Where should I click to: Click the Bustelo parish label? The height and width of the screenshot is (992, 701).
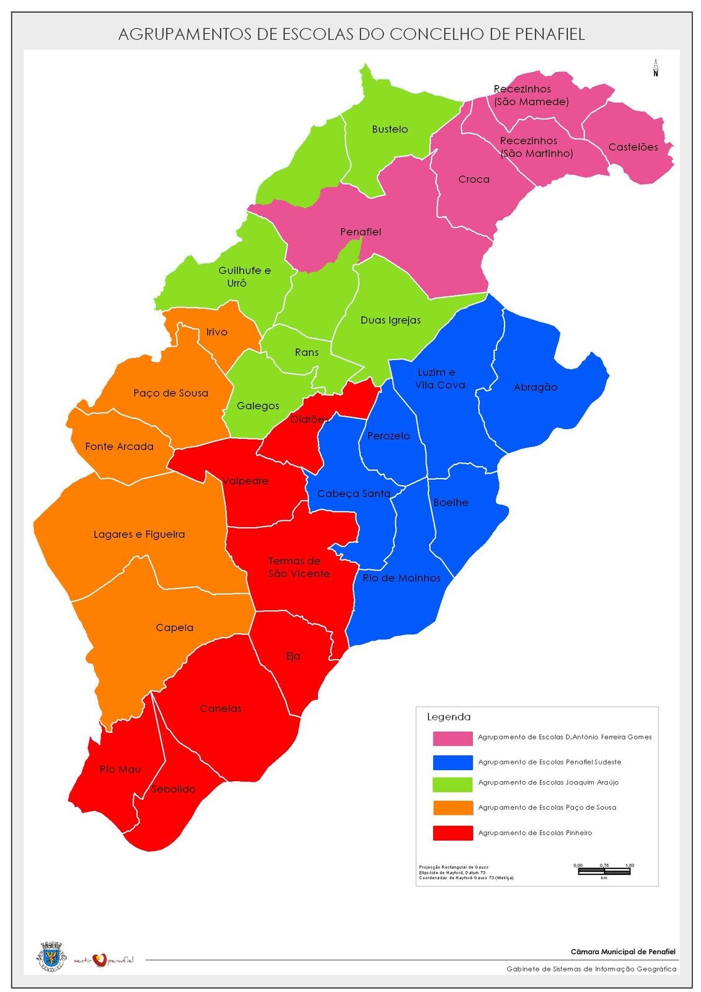tap(390, 129)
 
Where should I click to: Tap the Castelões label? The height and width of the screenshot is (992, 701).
tap(633, 147)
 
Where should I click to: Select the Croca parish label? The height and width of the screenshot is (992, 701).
tap(474, 179)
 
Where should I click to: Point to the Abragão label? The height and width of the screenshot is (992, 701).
tap(536, 387)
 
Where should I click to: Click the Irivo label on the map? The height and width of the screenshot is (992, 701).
tap(216, 332)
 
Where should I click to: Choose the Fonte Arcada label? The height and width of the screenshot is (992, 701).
tap(119, 446)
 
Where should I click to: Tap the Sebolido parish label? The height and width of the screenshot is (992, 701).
tap(173, 789)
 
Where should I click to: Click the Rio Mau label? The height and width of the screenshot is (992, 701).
tap(120, 769)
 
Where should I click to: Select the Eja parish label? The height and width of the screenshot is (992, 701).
tap(293, 656)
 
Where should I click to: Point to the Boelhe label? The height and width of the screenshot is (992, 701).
tap(451, 502)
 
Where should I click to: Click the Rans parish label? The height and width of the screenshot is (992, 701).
tap(306, 352)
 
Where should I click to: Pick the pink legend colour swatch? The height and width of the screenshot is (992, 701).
tap(452, 738)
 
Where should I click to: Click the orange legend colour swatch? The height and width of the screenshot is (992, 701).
tap(452, 808)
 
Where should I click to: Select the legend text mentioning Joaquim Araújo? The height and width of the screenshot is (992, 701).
tap(548, 782)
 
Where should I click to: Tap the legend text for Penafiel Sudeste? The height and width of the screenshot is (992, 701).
tap(549, 762)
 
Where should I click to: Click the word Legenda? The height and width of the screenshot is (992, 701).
tap(449, 717)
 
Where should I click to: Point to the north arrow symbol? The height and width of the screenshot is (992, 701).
tap(655, 67)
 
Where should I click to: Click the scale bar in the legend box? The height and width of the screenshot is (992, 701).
tap(604, 870)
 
